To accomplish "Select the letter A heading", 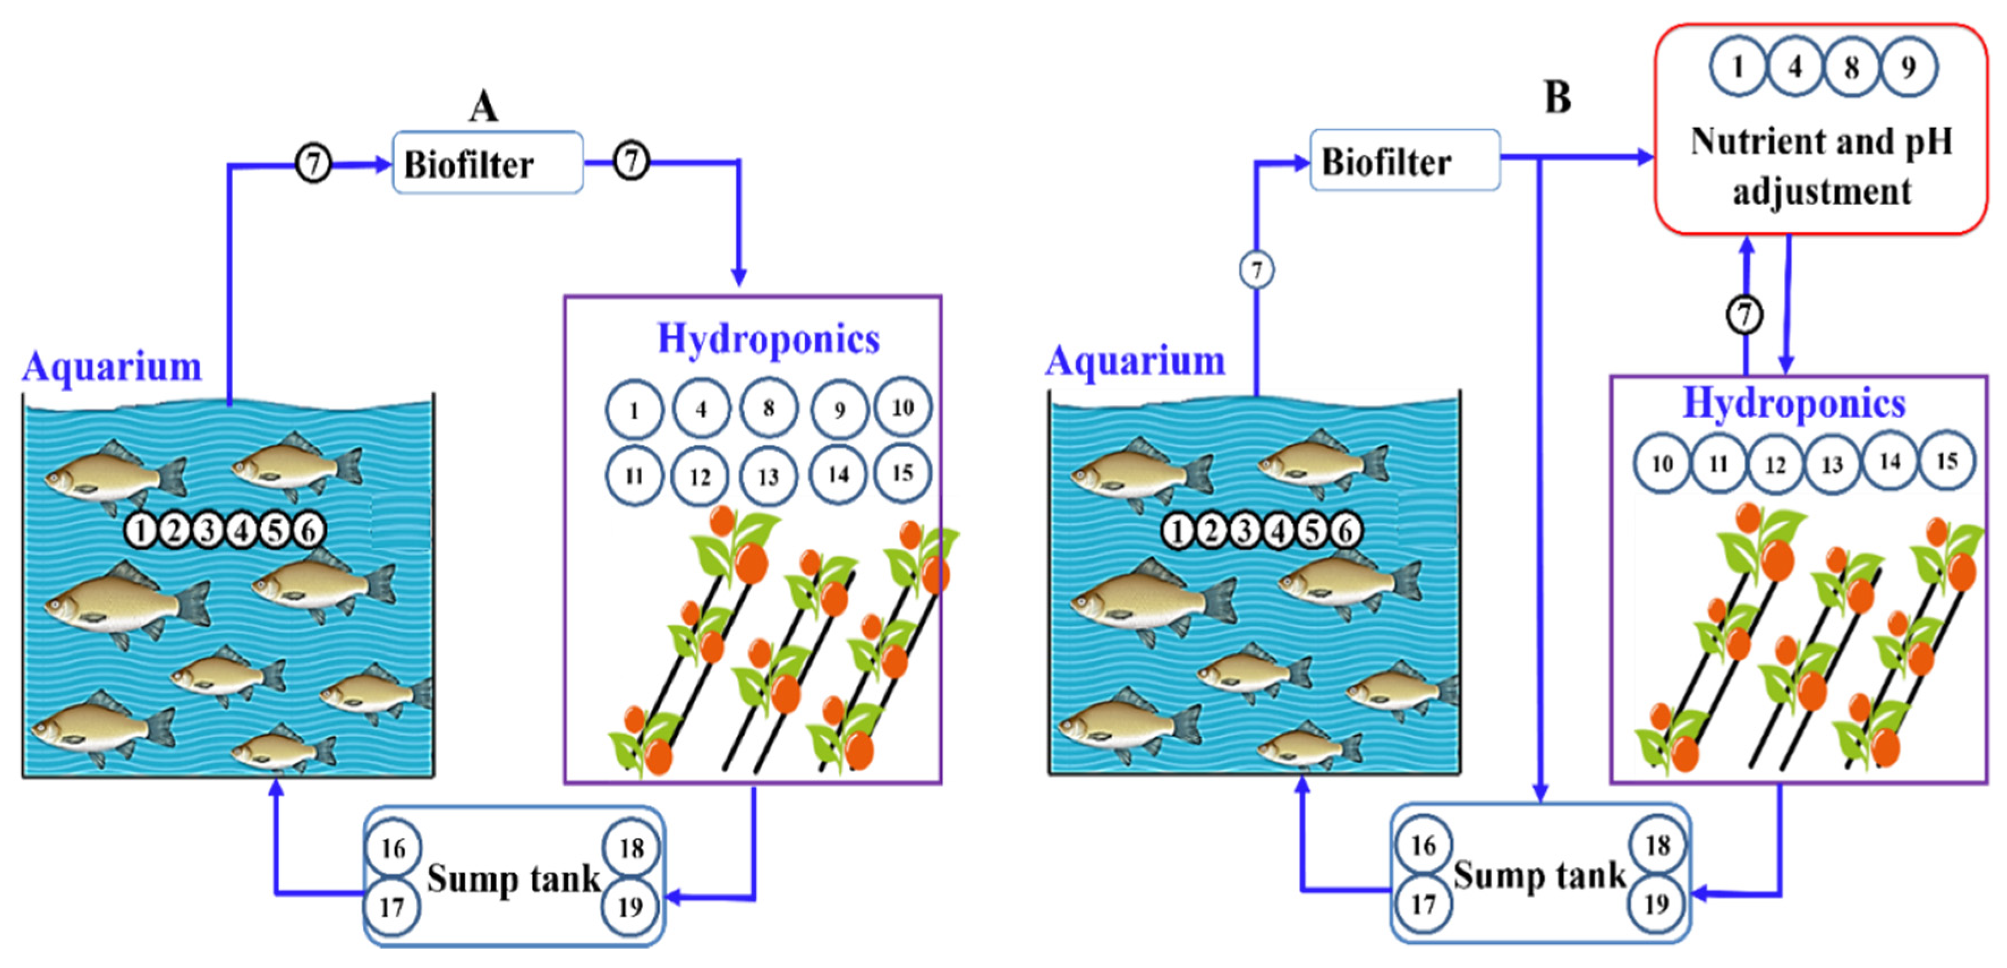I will [x=483, y=106].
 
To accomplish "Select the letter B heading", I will [x=1557, y=98].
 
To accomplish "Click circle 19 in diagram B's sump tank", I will [x=1656, y=903].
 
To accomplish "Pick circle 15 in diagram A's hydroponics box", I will [x=902, y=473].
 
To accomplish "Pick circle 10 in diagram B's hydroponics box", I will [x=1662, y=464].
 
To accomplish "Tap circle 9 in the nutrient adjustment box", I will [x=1908, y=67].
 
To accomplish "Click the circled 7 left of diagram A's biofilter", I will [x=313, y=164].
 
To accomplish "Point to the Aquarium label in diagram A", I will [x=112, y=366].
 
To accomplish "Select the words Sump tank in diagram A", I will [x=513, y=879].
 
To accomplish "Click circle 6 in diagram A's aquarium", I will [x=309, y=531].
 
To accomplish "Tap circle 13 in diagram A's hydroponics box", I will [x=768, y=477].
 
